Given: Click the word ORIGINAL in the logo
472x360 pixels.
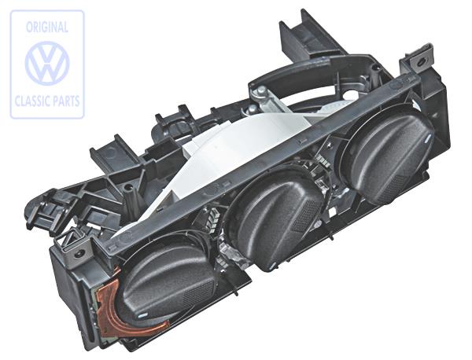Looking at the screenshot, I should tap(46, 27).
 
